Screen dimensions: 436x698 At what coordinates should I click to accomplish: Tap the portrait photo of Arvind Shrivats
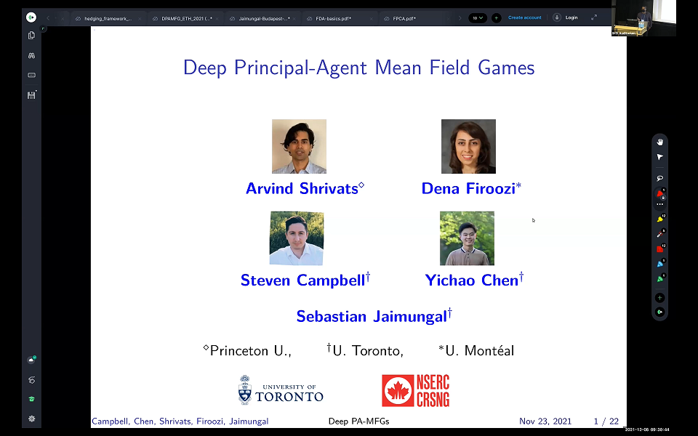pos(299,146)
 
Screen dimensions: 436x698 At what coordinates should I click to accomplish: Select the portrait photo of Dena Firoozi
pos(468,146)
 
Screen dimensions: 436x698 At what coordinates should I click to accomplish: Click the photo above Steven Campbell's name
pos(297,238)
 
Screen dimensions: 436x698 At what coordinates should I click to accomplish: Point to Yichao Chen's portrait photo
pos(467,238)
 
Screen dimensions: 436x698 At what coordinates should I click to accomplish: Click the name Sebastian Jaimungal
pos(374,316)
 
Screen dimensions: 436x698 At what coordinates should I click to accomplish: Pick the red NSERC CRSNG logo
pos(416,390)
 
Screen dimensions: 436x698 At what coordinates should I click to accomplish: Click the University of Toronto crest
pos(246,390)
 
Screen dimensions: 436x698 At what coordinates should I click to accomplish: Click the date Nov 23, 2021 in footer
pos(545,421)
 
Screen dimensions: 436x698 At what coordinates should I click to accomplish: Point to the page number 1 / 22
pos(606,421)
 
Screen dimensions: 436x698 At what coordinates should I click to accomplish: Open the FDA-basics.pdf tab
pos(334,18)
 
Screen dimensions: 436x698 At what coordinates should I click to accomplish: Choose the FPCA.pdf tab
pos(404,18)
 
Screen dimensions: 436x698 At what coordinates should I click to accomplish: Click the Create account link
pos(524,17)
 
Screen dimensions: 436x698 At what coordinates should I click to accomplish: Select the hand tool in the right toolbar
pos(660,142)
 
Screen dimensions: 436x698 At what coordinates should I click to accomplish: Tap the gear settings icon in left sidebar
pos(32,419)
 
